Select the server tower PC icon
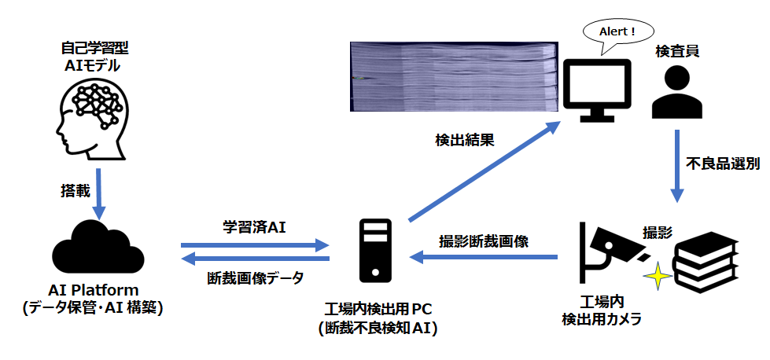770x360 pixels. tap(376, 251)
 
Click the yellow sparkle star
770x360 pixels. tap(658, 277)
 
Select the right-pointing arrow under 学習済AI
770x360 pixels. tap(254, 246)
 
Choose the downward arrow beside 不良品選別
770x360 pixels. tap(676, 164)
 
